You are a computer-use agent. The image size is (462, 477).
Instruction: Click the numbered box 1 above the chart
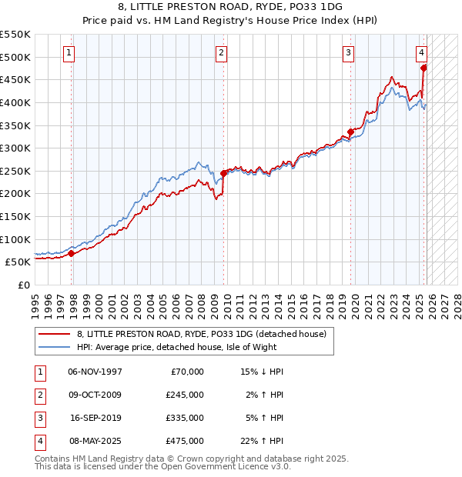[x=69, y=53]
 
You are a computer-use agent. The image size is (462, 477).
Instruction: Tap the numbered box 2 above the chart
[x=221, y=53]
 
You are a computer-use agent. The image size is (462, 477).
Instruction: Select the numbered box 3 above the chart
[x=348, y=53]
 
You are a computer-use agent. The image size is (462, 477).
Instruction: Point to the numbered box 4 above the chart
[x=422, y=53]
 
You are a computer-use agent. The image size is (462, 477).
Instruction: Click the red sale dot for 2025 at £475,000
[x=423, y=68]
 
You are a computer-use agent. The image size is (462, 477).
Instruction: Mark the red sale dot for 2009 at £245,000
[x=223, y=173]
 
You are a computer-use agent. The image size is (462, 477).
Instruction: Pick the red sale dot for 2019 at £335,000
[x=350, y=132]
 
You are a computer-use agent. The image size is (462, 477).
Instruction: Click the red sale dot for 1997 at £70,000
[x=71, y=252]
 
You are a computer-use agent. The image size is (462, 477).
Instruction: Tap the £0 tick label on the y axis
[x=23, y=285]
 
